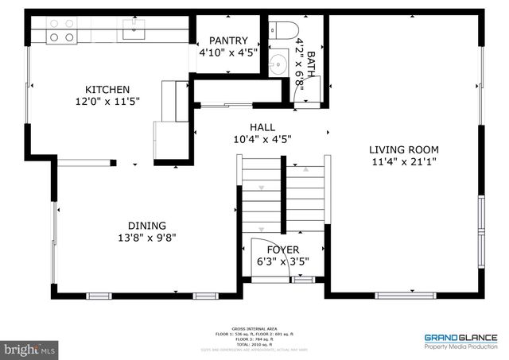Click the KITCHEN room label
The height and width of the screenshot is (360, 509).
click(x=107, y=90)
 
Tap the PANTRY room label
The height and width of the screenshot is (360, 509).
click(x=228, y=41)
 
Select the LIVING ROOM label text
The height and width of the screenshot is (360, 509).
click(x=403, y=149)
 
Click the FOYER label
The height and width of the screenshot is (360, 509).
click(x=282, y=250)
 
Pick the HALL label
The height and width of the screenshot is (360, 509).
click(x=262, y=126)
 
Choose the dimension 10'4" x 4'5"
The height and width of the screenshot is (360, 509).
click(x=262, y=139)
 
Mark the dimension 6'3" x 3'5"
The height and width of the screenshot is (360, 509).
click(x=282, y=261)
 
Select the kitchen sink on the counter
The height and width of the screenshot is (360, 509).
click(x=132, y=31)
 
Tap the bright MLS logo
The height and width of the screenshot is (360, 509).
click(x=29, y=348)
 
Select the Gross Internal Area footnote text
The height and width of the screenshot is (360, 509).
click(x=254, y=336)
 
